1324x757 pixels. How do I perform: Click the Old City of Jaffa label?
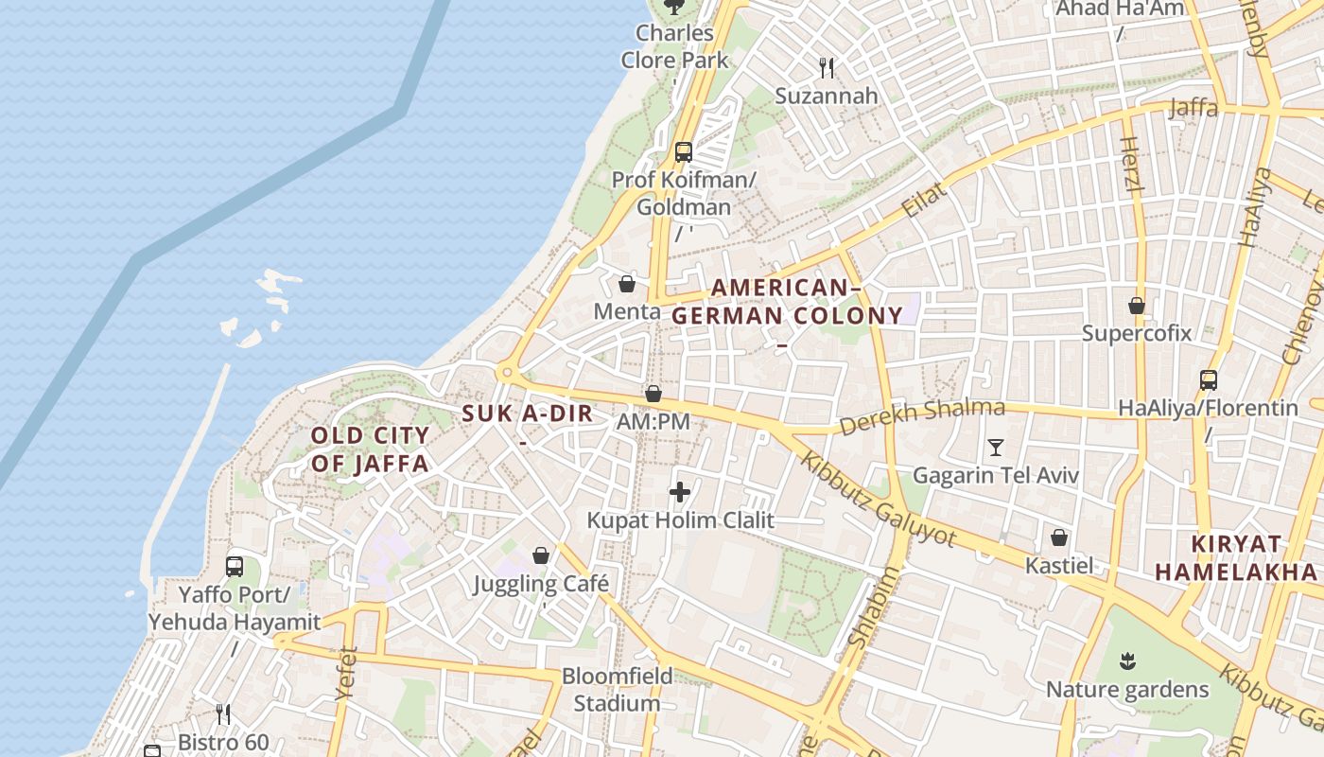click(370, 449)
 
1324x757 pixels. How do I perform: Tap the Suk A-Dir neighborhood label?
click(528, 414)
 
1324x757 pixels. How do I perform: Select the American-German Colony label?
click(787, 302)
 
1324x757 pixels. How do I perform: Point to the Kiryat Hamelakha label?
click(1236, 558)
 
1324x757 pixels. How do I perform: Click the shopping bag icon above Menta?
click(626, 284)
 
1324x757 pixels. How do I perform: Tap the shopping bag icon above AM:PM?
click(653, 394)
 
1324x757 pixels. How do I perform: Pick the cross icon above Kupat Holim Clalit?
click(680, 492)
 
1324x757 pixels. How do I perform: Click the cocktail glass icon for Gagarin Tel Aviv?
click(995, 447)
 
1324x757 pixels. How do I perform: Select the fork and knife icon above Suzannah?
click(827, 67)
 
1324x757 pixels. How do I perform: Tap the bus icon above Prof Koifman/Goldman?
click(683, 151)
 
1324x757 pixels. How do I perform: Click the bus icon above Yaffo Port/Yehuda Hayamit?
click(235, 567)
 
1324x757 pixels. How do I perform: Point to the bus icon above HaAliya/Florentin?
click(1208, 380)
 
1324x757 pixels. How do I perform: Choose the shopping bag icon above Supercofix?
click(1137, 306)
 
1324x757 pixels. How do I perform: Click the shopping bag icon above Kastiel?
click(1059, 538)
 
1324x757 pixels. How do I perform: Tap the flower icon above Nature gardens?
click(1126, 660)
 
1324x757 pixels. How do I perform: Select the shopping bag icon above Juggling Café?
click(541, 555)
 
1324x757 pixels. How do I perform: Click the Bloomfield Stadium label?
click(617, 690)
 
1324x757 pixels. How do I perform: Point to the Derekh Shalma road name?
click(921, 416)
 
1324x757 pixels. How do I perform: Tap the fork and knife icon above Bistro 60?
click(223, 713)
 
